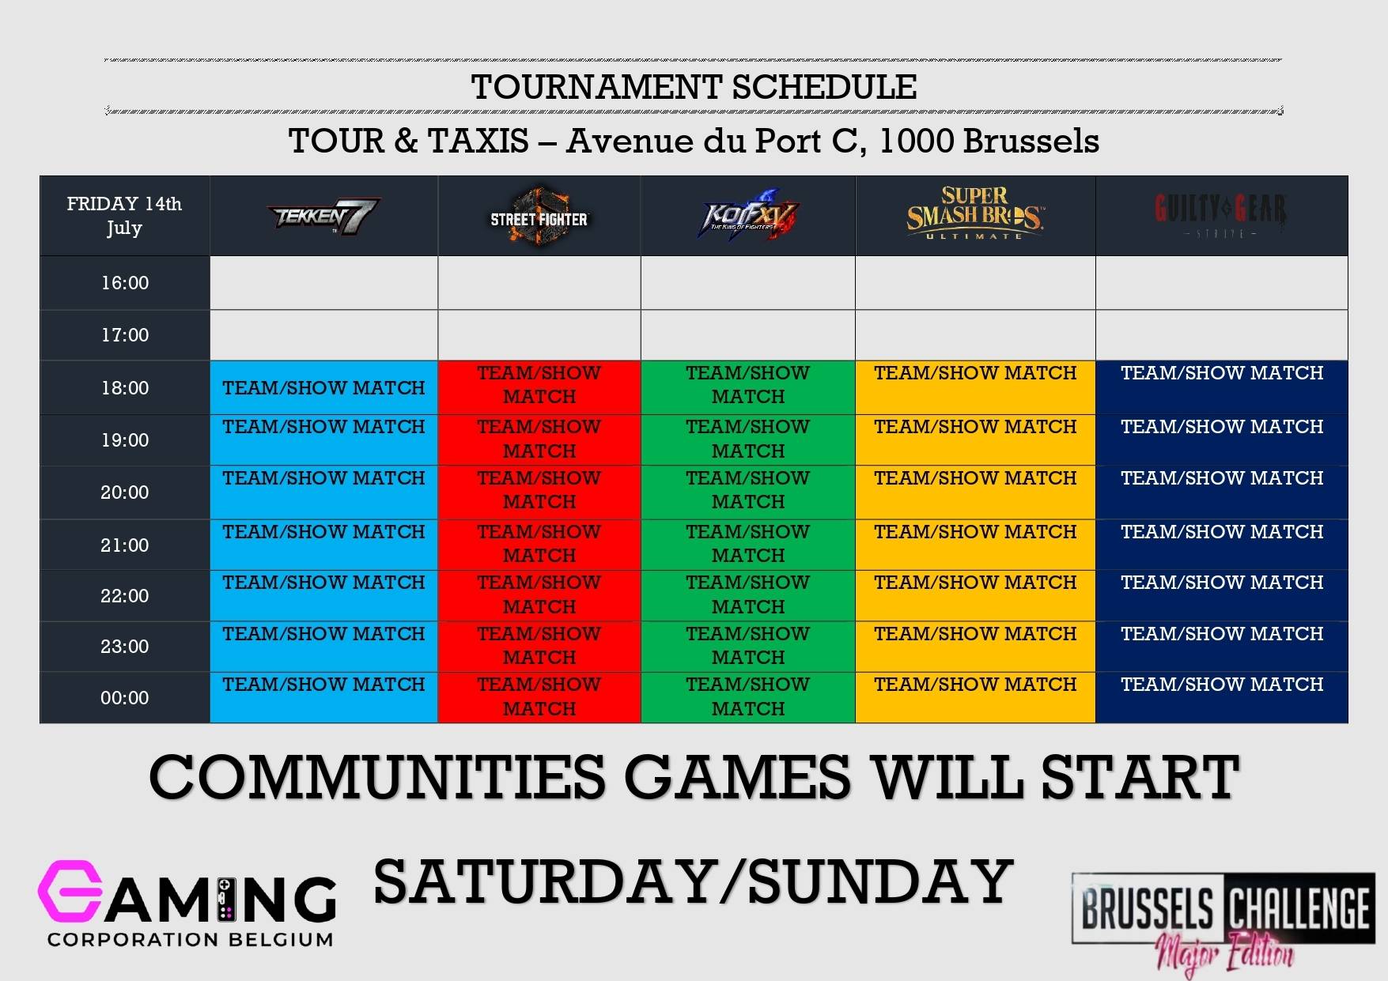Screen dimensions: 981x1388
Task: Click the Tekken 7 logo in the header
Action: point(323,216)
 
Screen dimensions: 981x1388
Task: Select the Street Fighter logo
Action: point(539,216)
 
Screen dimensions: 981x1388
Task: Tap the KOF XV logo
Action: point(747,216)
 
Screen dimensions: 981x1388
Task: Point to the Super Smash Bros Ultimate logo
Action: point(975,214)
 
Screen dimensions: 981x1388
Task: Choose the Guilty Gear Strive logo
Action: point(1221,213)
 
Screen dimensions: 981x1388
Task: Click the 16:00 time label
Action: point(125,283)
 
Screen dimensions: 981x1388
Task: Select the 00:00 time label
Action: point(125,698)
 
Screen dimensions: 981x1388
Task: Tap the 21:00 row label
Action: point(125,545)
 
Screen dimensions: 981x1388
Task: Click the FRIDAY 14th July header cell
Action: point(125,216)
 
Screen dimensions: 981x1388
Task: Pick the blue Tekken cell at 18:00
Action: point(323,387)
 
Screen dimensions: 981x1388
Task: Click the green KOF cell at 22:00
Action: point(747,595)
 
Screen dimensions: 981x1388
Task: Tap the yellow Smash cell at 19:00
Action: point(975,440)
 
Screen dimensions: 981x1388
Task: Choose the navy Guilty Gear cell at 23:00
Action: point(1222,646)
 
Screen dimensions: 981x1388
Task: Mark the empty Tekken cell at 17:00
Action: point(323,335)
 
